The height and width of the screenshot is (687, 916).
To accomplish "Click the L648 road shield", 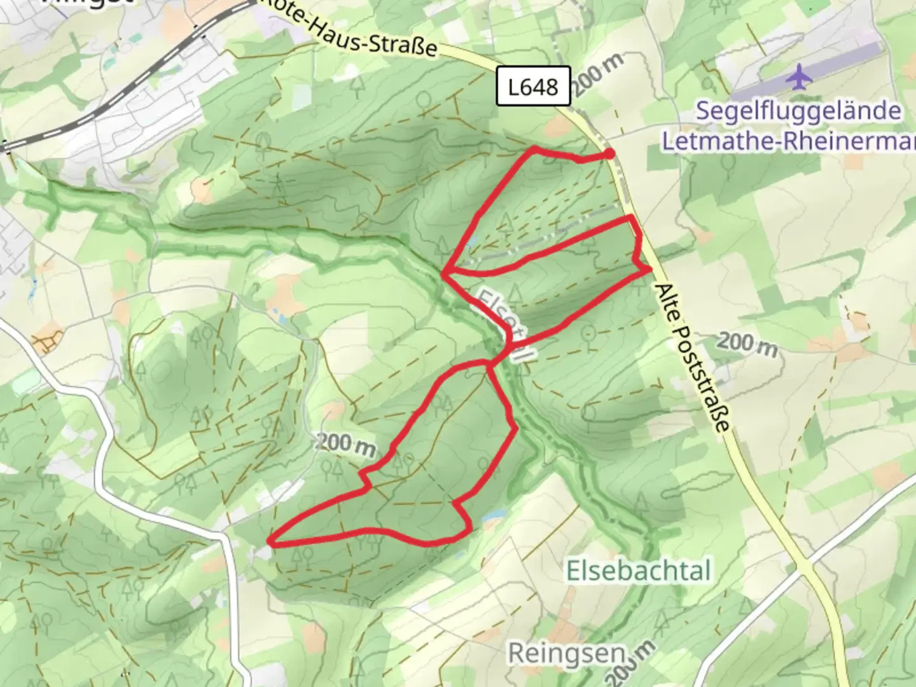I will [533, 86].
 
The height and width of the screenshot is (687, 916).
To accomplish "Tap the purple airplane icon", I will [799, 78].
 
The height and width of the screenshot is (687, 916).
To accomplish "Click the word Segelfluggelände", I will [798, 111].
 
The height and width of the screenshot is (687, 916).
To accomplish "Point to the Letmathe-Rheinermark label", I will [789, 141].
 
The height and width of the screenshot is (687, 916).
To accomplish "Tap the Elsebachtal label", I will [638, 571].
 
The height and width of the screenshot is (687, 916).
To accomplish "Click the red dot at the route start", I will [609, 153].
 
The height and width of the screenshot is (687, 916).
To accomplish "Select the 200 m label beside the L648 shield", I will [598, 74].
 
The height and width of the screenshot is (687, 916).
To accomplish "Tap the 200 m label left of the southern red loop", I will [345, 443].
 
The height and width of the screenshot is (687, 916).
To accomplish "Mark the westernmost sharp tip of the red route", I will [272, 543].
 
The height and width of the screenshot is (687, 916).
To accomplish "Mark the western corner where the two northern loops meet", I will [445, 273].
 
